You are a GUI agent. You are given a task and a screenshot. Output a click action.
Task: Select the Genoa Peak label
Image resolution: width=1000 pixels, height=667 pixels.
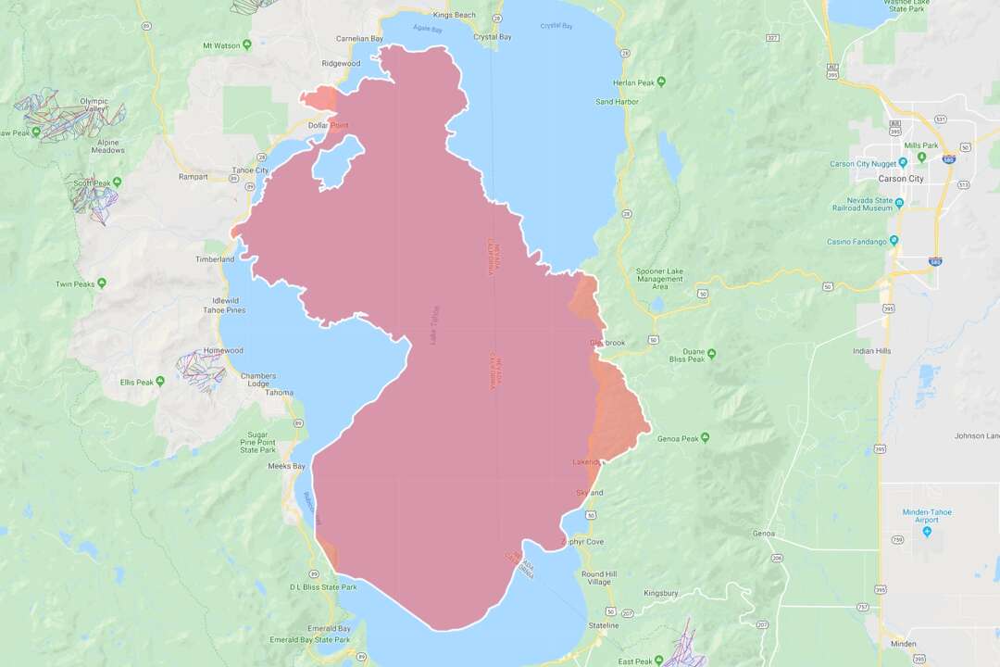click(x=676, y=437)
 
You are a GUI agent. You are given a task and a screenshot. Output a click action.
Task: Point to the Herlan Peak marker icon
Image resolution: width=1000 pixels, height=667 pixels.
click(x=661, y=82)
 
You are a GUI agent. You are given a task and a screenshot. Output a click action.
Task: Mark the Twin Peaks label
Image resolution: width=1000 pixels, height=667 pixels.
click(x=75, y=283)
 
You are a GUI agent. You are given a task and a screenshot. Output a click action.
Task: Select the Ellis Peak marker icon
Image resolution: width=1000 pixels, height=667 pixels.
click(x=160, y=382)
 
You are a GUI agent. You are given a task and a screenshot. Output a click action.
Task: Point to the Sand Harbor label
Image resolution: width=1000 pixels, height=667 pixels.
click(x=617, y=101)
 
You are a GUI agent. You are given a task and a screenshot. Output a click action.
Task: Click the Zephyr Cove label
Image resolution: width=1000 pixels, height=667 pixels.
click(x=582, y=542)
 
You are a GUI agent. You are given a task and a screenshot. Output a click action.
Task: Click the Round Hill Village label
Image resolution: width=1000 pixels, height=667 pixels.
click(x=598, y=578)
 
